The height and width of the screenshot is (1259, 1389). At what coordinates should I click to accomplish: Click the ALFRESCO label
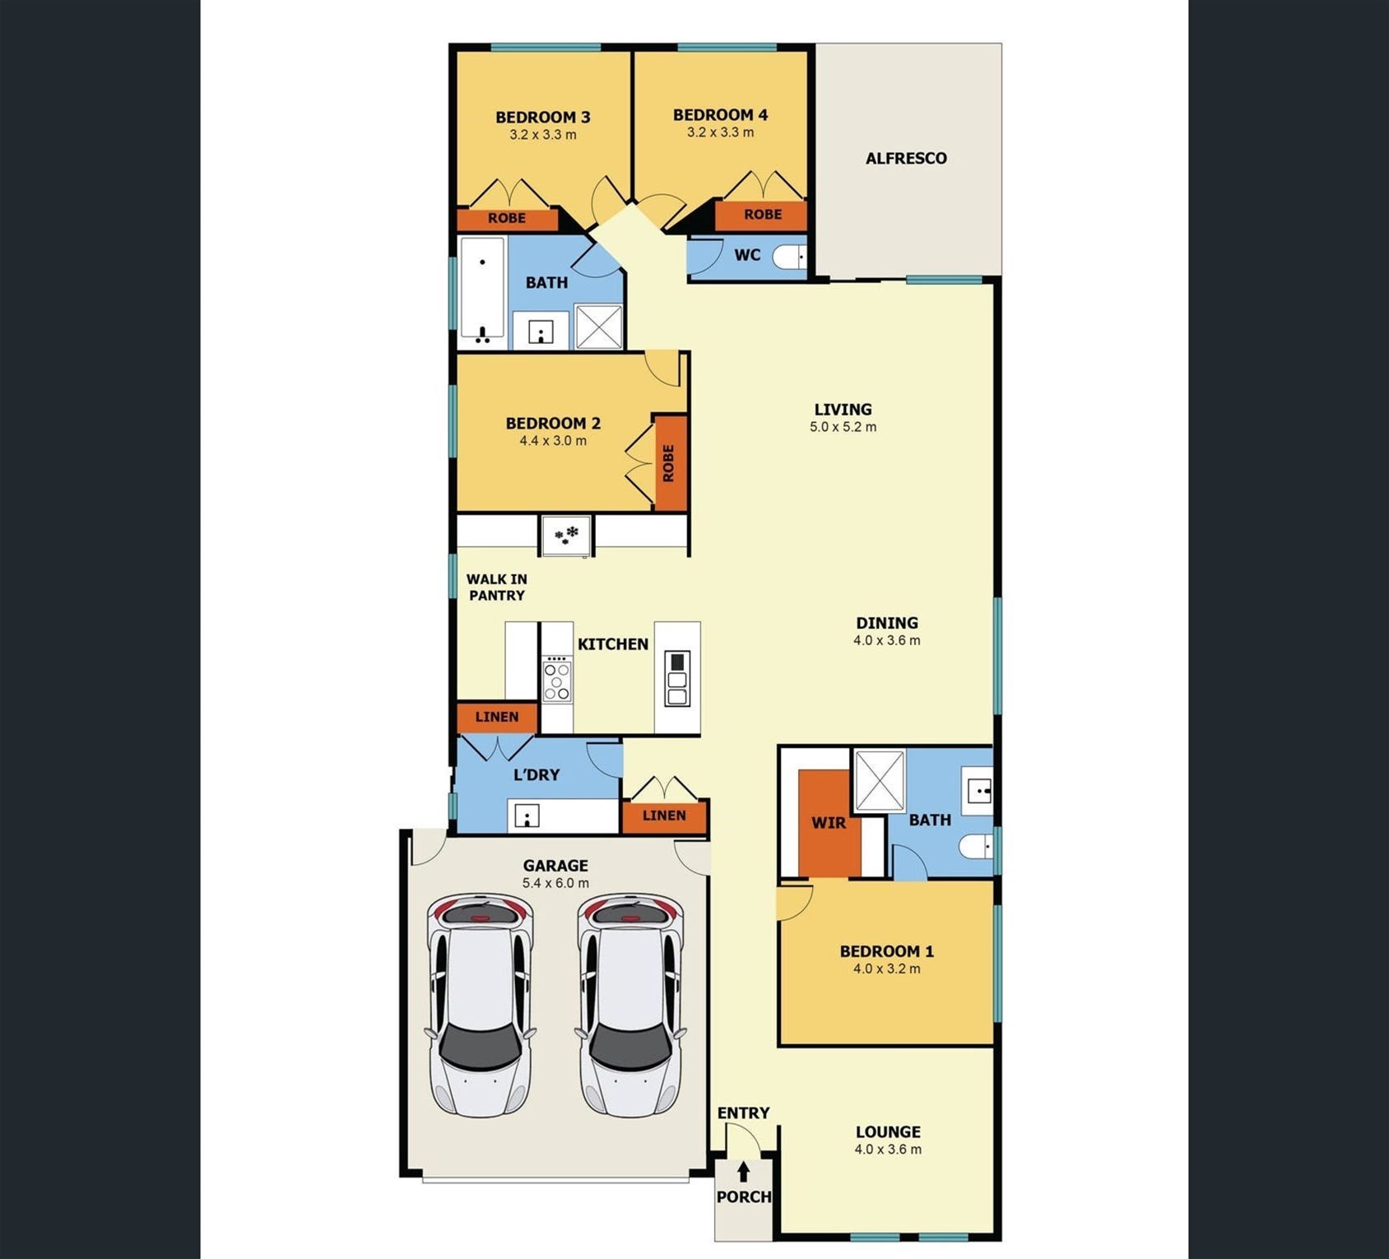(x=906, y=158)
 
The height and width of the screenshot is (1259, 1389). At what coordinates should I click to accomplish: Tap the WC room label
(x=747, y=255)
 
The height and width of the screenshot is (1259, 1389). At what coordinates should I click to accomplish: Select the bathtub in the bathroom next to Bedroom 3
(x=482, y=290)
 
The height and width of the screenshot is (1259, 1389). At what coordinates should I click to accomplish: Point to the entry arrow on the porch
(x=743, y=1172)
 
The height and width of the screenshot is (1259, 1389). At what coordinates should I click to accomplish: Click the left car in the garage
(x=481, y=1005)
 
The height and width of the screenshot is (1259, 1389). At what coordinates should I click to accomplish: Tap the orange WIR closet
(x=829, y=823)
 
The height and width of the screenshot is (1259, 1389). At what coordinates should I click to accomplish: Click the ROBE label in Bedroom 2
(x=668, y=463)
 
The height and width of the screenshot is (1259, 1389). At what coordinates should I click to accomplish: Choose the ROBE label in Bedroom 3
(x=507, y=218)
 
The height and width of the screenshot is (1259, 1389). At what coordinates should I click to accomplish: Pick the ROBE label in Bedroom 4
(x=763, y=214)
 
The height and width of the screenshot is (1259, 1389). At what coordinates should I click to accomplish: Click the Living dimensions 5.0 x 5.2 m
(x=843, y=427)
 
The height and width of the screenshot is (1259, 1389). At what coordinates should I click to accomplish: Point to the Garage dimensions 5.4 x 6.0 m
(x=555, y=883)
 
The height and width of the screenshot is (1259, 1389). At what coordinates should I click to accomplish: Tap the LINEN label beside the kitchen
(x=497, y=717)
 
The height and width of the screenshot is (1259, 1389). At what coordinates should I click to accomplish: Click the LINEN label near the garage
(x=664, y=815)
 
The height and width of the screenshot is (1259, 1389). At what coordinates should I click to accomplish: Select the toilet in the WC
(x=789, y=257)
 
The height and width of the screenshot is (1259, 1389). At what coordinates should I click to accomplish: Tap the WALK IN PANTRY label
(x=497, y=588)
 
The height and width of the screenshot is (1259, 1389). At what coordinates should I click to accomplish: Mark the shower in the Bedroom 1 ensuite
(x=880, y=782)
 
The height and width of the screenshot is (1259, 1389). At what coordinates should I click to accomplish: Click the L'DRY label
(x=537, y=775)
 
